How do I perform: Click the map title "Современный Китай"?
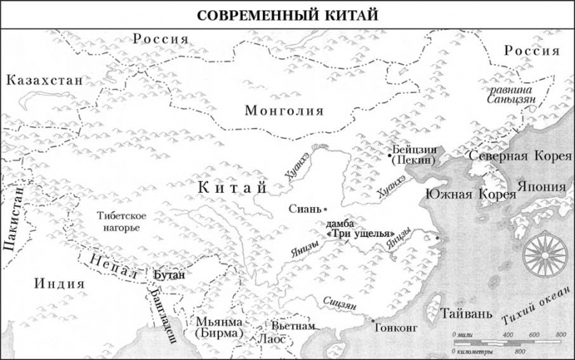click(x=287, y=14)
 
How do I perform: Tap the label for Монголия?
click(x=284, y=111)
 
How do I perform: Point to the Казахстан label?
click(x=44, y=80)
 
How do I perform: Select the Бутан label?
click(x=170, y=276)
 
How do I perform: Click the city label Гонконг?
click(x=394, y=326)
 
